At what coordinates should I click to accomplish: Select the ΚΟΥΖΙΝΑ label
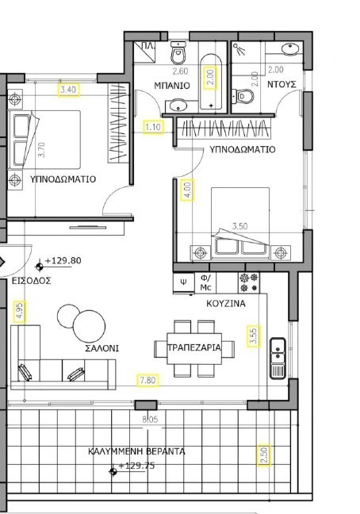(x=225, y=303)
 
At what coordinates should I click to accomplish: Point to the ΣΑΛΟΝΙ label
(x=103, y=347)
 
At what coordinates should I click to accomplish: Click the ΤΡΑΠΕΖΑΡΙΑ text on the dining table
(x=194, y=347)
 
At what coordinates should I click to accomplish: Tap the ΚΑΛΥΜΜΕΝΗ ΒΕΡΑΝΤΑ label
(x=137, y=451)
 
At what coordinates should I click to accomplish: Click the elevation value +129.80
(x=63, y=260)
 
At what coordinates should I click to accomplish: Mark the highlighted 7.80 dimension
(x=147, y=380)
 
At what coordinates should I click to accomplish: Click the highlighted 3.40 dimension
(x=70, y=90)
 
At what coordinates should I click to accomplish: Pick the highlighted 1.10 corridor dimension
(x=153, y=126)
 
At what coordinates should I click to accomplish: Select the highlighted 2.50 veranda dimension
(x=264, y=455)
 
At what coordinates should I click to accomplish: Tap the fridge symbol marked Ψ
(x=183, y=282)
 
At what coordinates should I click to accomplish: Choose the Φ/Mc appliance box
(x=205, y=282)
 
